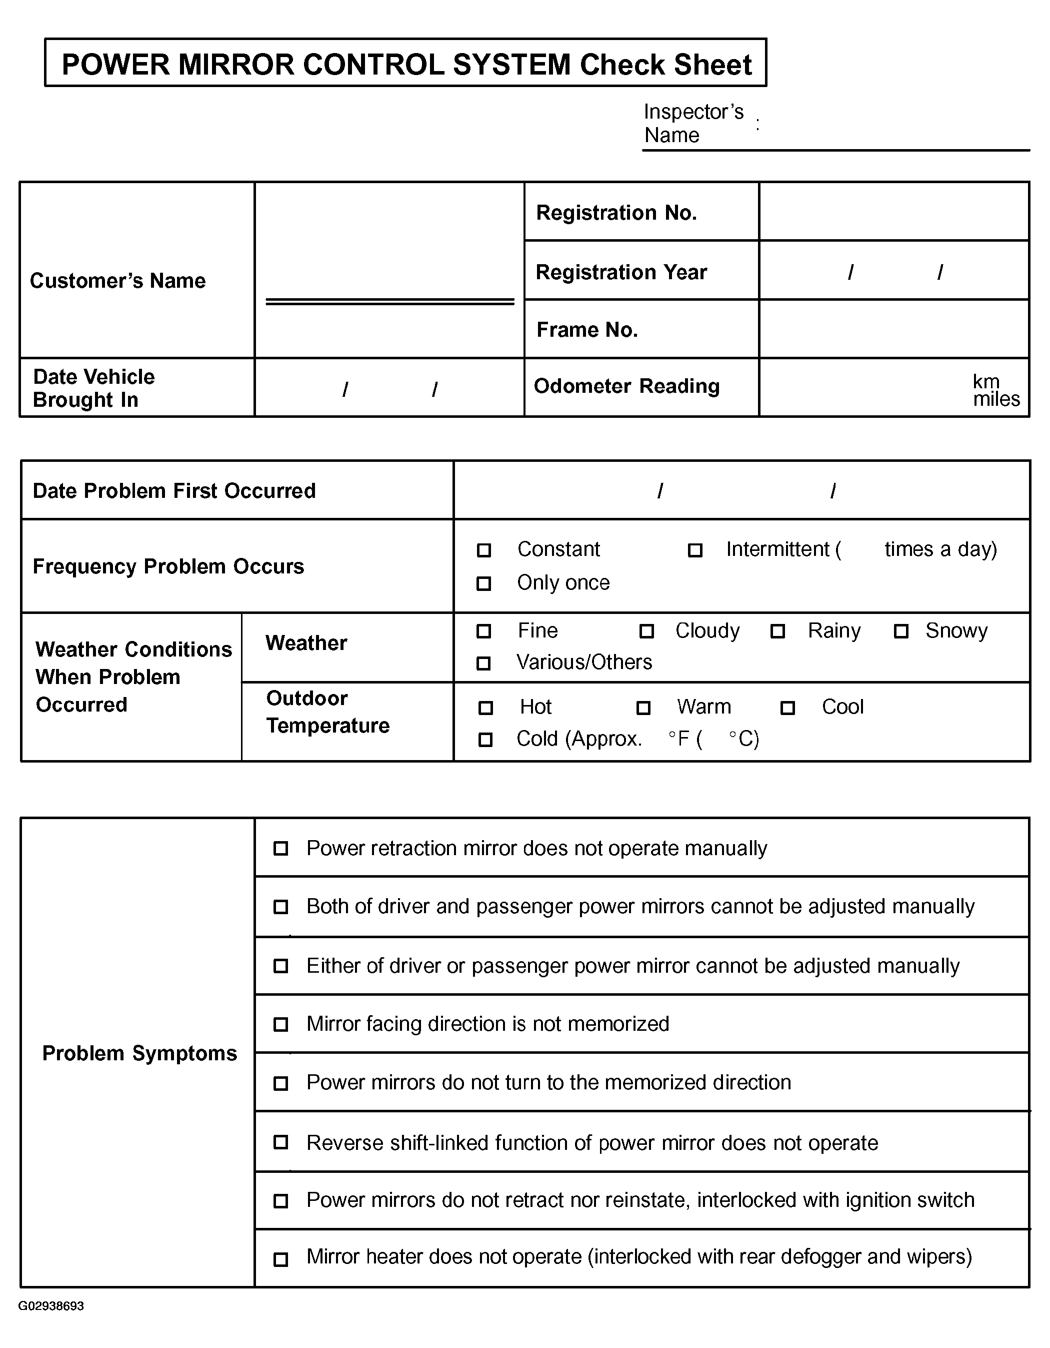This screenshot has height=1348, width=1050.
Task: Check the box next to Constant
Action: point(484,550)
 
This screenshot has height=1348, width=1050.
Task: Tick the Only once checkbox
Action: point(484,583)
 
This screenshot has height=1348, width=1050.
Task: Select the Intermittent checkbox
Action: point(695,550)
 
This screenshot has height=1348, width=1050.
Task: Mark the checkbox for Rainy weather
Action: point(778,631)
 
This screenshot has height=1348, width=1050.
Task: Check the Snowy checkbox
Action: point(901,631)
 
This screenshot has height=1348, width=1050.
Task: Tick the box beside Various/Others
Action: point(484,663)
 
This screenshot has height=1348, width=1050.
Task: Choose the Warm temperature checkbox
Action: point(643,708)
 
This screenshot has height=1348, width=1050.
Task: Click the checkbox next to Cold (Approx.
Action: point(486,740)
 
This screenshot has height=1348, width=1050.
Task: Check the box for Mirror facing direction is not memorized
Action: point(280,1025)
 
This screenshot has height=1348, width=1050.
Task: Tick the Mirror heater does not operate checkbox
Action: point(280,1259)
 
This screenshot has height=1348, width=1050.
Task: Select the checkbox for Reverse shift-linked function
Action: point(280,1142)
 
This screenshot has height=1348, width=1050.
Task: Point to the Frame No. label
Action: point(586,330)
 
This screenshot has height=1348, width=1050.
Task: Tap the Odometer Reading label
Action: point(626,386)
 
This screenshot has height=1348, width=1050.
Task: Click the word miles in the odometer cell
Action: point(996,399)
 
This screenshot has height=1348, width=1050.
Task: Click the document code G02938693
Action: point(51,1306)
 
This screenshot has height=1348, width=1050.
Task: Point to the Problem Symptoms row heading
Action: point(139,1054)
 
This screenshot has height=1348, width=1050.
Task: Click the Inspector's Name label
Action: point(693,124)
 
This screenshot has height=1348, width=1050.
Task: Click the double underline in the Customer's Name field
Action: point(390,302)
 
